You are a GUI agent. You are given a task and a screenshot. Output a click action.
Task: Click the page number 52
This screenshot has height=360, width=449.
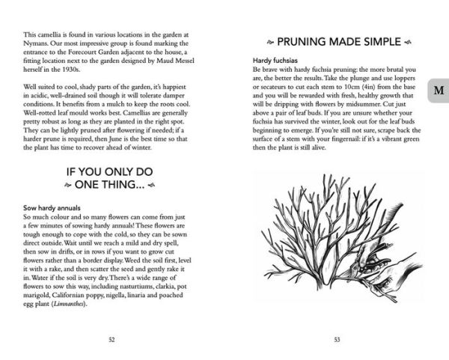(112, 339)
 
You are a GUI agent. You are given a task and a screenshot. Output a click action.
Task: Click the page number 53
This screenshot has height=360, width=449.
(337, 339)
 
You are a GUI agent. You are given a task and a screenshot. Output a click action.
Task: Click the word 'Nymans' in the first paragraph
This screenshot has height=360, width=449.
(36, 44)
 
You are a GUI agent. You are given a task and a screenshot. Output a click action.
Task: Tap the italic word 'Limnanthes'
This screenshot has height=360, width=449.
(69, 304)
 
